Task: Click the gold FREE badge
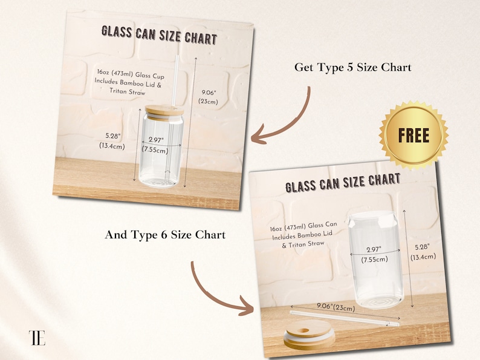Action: (414, 135)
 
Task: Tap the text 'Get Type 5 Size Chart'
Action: (352, 67)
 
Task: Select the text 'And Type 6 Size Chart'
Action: (165, 235)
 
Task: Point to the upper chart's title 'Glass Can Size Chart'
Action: (158, 34)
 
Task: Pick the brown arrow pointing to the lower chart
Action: (221, 290)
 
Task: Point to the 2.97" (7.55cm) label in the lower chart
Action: (374, 255)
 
